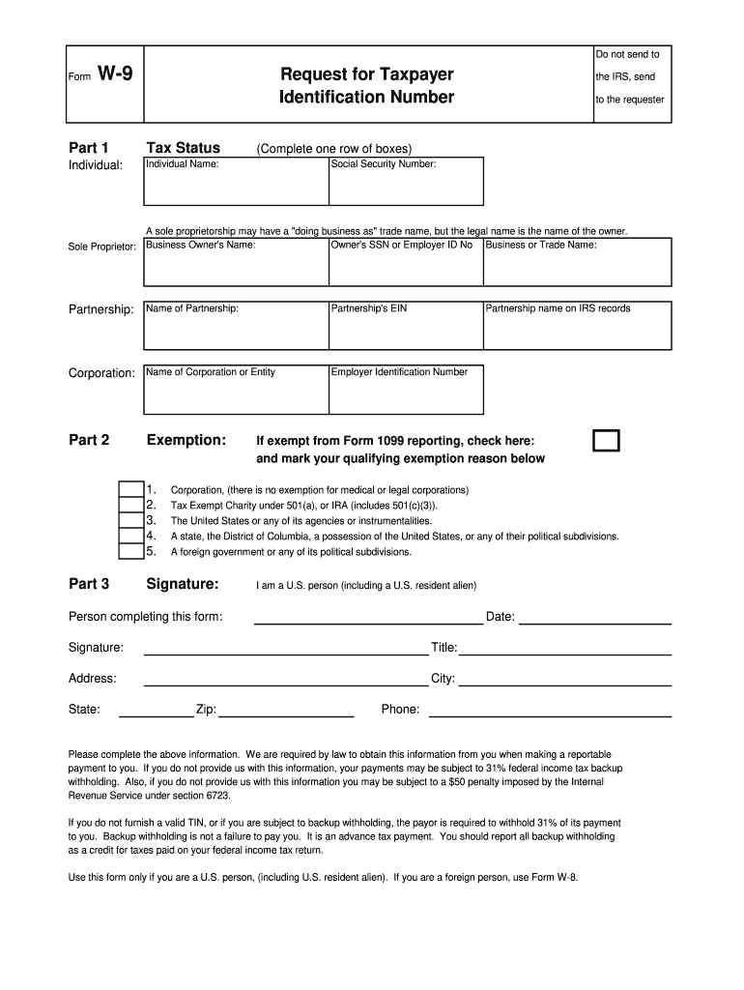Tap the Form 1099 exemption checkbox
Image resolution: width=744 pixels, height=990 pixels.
click(x=606, y=441)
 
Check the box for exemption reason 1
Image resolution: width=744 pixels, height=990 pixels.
click(x=130, y=489)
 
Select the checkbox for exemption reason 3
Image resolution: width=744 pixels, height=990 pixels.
click(x=130, y=520)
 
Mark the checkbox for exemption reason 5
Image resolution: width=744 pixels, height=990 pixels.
click(x=130, y=551)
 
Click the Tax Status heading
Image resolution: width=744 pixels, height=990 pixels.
click(x=183, y=148)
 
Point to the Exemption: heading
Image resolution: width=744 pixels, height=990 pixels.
click(x=186, y=441)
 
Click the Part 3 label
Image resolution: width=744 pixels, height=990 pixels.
click(x=89, y=584)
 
